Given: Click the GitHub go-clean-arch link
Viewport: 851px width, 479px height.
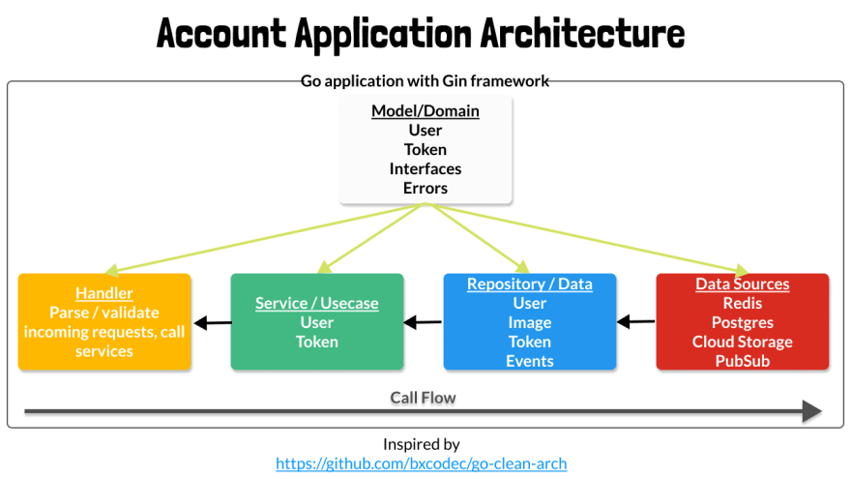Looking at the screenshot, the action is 422,464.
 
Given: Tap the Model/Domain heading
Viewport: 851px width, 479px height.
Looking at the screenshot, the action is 425,110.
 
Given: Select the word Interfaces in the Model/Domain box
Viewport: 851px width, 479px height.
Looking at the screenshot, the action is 425,169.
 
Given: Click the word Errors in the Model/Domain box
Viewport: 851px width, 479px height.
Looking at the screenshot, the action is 425,188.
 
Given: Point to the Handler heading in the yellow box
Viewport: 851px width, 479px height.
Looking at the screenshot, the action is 104,293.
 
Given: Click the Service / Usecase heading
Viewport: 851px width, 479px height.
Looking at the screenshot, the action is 317,303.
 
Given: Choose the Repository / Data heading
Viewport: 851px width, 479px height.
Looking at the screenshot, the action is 530,284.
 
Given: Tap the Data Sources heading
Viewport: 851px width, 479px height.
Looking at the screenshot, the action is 743,284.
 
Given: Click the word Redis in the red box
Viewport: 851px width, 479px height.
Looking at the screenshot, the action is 743,303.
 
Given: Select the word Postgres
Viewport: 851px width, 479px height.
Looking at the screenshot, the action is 743,322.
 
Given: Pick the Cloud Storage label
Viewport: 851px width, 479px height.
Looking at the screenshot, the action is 743,342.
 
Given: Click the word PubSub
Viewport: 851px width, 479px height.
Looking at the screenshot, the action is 743,361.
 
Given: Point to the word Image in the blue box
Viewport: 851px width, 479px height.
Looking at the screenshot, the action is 530,322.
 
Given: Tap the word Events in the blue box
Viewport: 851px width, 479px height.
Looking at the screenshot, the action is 530,361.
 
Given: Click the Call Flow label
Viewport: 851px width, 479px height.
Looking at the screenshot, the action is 423,398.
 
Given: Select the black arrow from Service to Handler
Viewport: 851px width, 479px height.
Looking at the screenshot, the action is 213,322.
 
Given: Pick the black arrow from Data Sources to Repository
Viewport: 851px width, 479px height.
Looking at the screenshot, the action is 636,321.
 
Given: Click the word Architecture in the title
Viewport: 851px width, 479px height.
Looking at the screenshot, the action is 582,33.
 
